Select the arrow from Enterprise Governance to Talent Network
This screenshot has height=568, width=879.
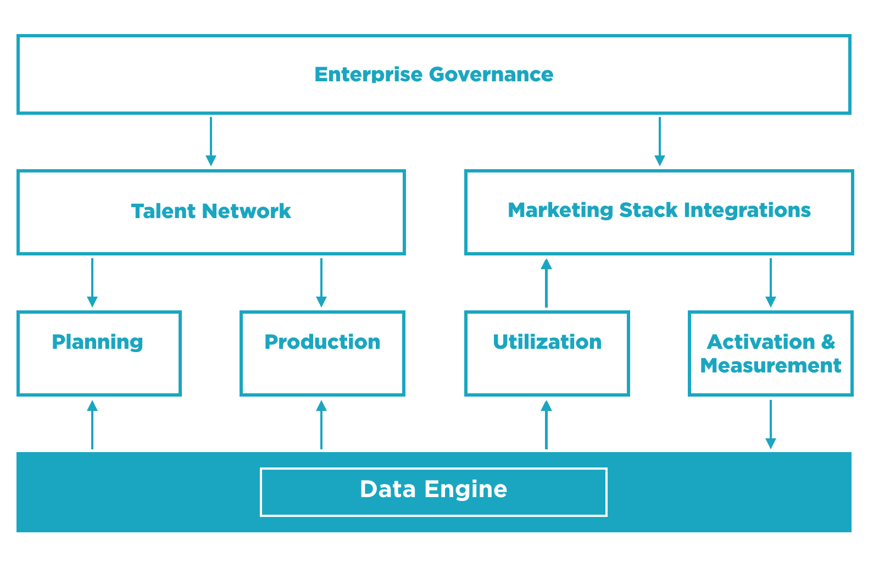coord(211,141)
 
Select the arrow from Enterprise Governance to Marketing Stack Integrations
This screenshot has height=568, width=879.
coord(660,141)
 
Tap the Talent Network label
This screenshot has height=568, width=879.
coord(211,211)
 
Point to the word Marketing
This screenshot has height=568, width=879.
coord(560,210)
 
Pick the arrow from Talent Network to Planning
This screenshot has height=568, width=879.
coord(92,282)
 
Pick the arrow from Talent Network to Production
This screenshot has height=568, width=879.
coord(321,282)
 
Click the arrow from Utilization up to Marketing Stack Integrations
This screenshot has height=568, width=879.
coord(546,282)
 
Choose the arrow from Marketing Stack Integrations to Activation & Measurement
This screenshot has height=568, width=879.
coord(771,282)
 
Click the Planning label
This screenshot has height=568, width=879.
coord(98,342)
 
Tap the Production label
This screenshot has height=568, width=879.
coord(322,342)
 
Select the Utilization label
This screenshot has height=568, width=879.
coord(547,342)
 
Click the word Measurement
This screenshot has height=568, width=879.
coord(771,366)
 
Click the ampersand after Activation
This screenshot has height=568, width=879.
coord(828,342)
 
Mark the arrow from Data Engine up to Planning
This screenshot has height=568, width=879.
coord(92,425)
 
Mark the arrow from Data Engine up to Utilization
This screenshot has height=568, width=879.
coord(546,425)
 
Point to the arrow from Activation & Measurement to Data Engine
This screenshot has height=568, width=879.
coord(771,425)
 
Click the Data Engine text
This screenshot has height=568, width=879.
coord(433,489)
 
